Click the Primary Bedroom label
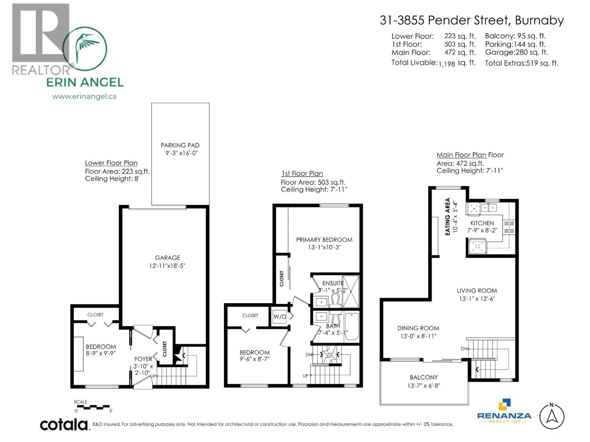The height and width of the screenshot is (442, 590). tap(324, 240)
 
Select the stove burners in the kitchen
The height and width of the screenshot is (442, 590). tap(509, 227)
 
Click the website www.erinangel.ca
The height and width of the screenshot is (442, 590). tap(84, 96)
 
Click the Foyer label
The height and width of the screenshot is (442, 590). tap(143, 359)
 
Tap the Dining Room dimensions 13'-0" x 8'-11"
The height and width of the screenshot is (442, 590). tap(418, 336)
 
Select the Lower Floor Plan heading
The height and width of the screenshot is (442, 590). tap(111, 163)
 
